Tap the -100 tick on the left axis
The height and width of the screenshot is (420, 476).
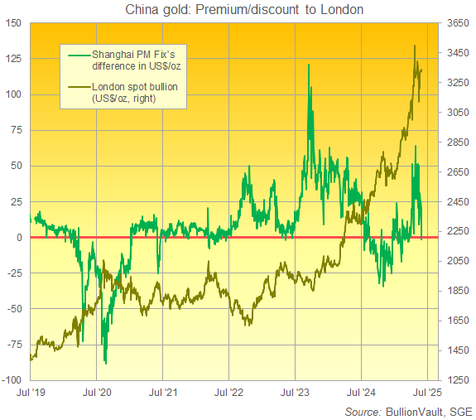[12, 380]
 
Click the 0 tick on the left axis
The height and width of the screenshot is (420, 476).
[20, 238]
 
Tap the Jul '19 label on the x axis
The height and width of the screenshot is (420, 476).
[30, 394]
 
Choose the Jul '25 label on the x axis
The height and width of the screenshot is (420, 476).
[428, 394]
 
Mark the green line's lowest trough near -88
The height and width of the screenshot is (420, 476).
[105, 362]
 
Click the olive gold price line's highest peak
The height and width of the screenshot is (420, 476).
[414, 46]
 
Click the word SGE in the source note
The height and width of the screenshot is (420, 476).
[458, 411]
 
